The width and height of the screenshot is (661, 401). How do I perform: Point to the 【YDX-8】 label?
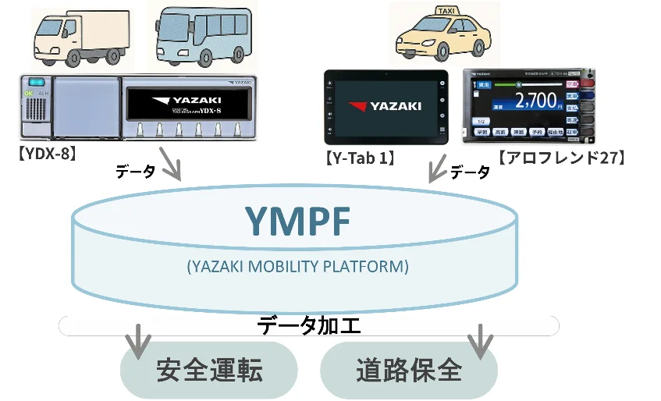(45, 154)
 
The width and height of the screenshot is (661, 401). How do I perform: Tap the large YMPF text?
(298, 221)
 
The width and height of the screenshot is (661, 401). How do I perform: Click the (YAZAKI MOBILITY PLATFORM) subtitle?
(298, 266)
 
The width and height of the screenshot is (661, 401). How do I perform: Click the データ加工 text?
(309, 325)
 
